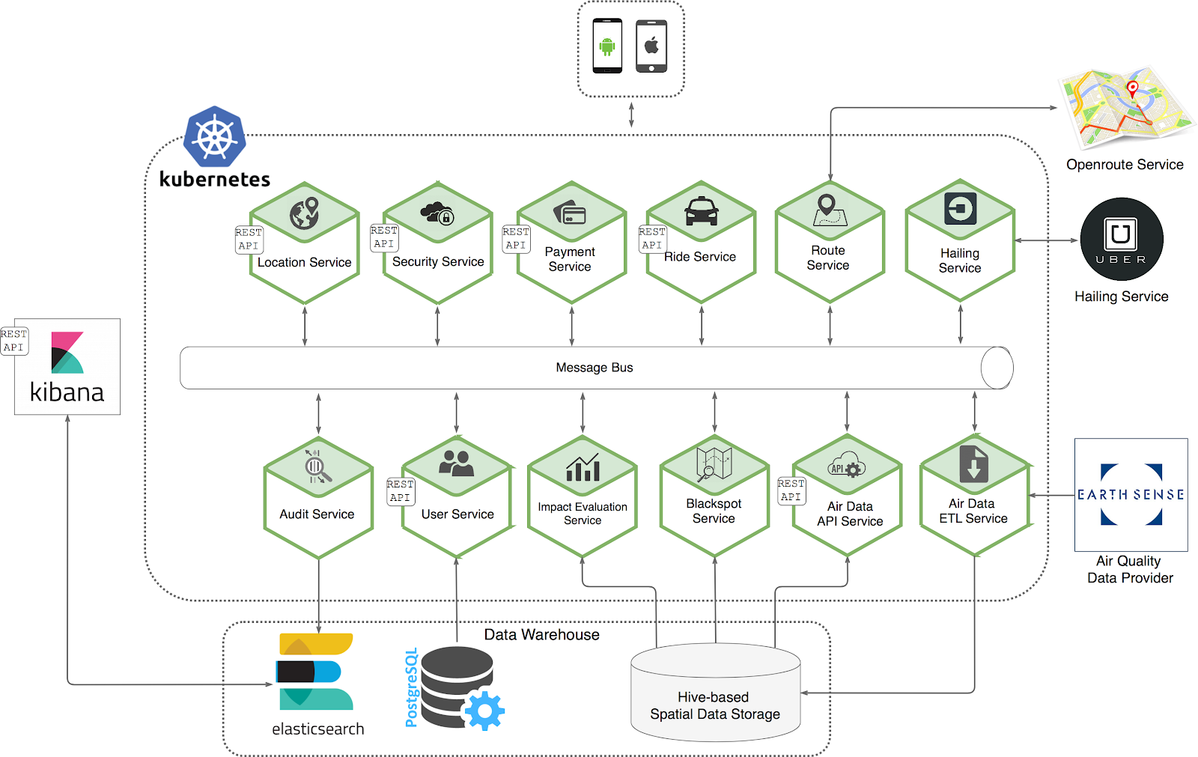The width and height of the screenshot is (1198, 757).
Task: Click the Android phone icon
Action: tap(607, 46)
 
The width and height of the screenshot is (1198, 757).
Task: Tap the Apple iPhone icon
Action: tap(651, 46)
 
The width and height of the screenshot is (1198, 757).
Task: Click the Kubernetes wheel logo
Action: tap(215, 137)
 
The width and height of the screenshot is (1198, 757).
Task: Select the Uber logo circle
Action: tap(1121, 239)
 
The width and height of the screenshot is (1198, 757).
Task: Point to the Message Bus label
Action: tap(594, 368)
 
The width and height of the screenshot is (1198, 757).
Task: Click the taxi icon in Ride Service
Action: tap(701, 210)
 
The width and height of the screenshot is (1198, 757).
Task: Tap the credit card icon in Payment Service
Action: tap(570, 213)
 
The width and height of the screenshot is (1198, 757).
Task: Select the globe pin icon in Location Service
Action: tap(305, 213)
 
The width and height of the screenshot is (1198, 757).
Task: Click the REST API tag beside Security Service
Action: tap(384, 237)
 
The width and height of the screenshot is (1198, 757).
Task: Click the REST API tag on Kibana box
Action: tap(14, 341)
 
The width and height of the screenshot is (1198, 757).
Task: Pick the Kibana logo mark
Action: tap(67, 353)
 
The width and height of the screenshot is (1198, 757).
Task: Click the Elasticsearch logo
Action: tap(315, 672)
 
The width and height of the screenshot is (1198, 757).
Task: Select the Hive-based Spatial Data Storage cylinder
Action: tap(715, 693)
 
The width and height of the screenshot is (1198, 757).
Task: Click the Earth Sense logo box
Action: tap(1131, 495)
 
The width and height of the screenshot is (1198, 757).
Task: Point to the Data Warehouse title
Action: tap(541, 635)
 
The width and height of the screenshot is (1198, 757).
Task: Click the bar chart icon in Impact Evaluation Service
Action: tap(583, 468)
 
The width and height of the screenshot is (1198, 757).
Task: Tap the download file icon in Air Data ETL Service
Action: tap(973, 464)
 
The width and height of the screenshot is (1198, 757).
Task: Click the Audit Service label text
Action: tap(317, 514)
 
